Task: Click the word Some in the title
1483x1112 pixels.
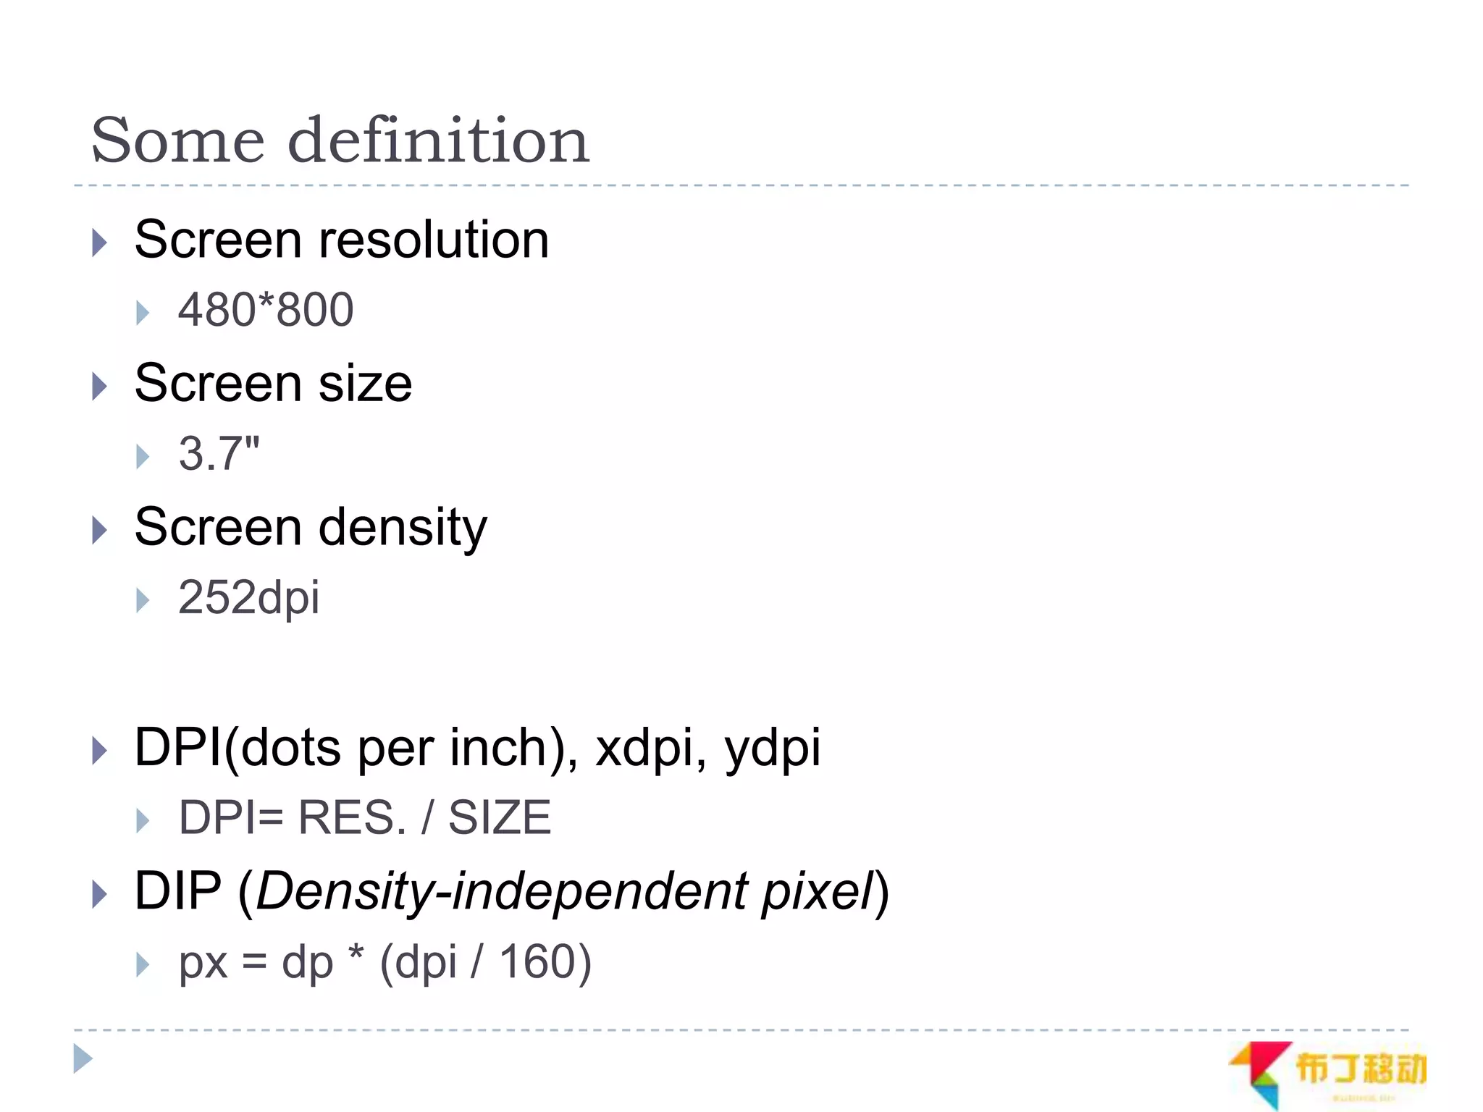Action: [178, 140]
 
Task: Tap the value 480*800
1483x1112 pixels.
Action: [266, 310]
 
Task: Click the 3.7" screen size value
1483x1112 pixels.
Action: [219, 454]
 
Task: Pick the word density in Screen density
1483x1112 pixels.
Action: [403, 528]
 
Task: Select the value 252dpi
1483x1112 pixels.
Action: [248, 598]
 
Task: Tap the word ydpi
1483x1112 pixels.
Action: [773, 748]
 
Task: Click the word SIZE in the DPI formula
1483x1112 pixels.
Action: [500, 818]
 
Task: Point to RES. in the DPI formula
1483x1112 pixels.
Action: [353, 818]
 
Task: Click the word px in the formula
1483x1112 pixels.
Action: [203, 964]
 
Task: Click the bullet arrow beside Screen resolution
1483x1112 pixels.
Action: [100, 243]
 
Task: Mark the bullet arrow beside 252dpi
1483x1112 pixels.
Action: [143, 600]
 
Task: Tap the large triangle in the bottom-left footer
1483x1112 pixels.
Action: [83, 1058]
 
